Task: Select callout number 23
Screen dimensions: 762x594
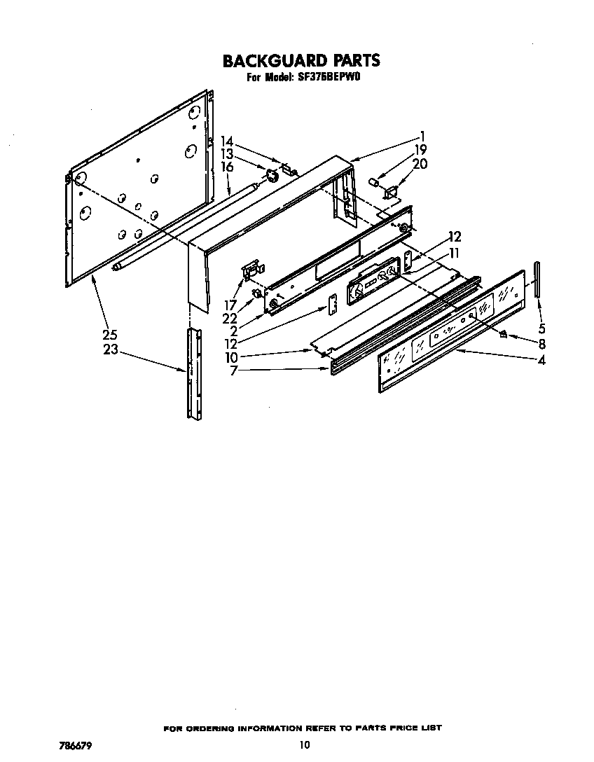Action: point(111,349)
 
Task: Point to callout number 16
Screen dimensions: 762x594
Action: point(226,167)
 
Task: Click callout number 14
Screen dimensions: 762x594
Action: point(226,141)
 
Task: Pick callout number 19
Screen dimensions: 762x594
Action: point(420,148)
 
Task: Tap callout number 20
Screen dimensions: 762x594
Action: point(420,164)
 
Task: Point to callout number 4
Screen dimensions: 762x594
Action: point(541,361)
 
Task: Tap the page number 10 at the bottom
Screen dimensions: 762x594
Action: point(304,744)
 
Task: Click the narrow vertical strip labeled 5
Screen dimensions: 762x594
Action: point(537,279)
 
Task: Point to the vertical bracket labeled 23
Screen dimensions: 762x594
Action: point(193,371)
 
